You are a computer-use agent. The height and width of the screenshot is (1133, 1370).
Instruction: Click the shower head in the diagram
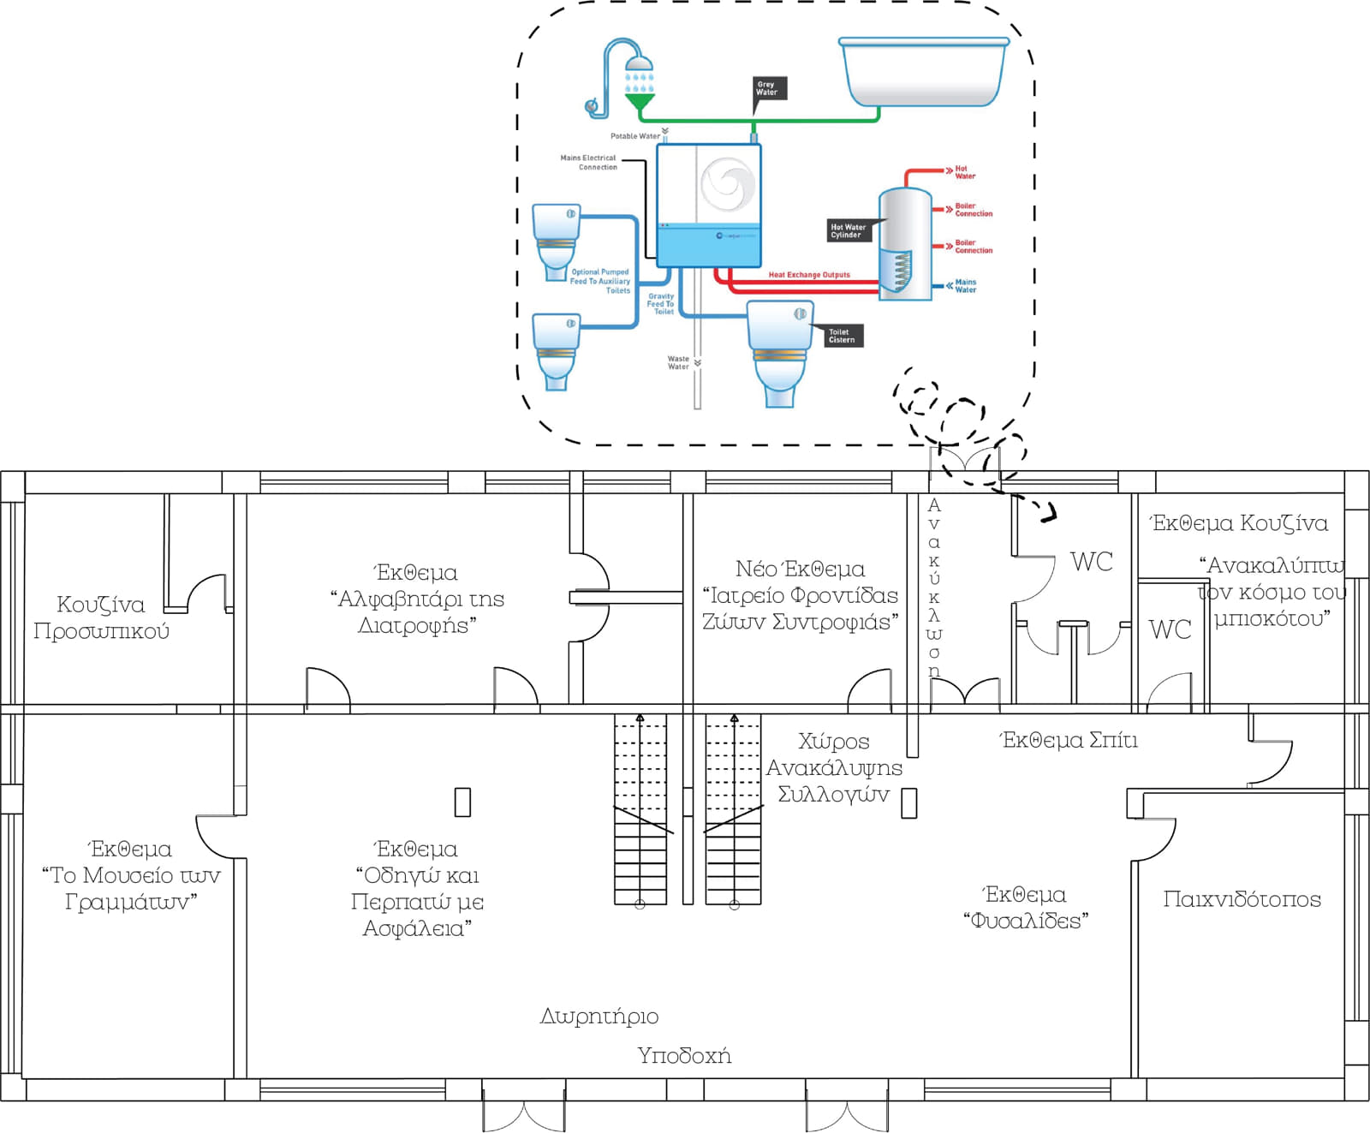point(639,63)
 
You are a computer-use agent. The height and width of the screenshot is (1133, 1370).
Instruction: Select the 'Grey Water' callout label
point(767,88)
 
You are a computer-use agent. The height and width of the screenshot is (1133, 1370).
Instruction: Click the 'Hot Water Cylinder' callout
point(848,231)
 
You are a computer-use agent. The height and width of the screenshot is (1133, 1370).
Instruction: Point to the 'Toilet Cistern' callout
point(842,336)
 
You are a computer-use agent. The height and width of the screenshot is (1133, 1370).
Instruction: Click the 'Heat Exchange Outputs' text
point(809,275)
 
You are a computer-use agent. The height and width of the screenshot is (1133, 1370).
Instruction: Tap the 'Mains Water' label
point(965,286)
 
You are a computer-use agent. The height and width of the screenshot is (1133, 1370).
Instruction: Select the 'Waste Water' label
point(678,363)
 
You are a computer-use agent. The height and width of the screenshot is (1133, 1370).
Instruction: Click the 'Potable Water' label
point(634,136)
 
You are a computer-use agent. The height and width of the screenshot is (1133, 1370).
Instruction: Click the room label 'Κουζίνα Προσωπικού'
point(101,617)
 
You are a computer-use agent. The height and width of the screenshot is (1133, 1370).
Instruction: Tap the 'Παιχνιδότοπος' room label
point(1242,899)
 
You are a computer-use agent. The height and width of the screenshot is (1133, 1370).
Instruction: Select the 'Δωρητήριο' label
point(599,1017)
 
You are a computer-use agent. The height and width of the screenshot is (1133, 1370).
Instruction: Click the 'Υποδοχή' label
point(684,1055)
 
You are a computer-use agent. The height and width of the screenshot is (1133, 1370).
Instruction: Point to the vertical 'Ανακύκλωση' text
point(934,587)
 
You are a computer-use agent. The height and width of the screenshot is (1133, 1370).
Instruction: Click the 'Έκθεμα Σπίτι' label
point(1069,740)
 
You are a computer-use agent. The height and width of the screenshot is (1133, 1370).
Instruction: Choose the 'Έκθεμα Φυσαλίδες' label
point(1026,907)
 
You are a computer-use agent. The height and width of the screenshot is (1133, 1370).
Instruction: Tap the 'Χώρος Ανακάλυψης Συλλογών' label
point(834,767)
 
